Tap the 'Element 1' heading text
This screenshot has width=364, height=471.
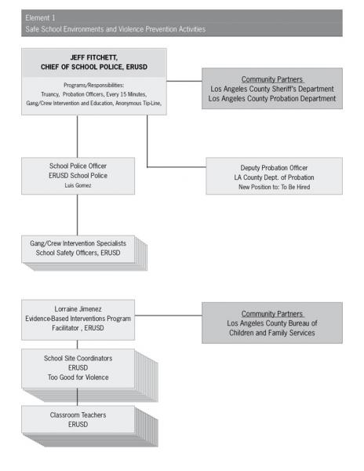point(40,18)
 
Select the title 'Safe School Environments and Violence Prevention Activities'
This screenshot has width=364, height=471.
point(115,29)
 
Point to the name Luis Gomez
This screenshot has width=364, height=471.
point(78,185)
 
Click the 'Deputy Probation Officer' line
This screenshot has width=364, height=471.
point(274,168)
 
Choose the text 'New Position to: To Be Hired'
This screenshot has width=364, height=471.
point(275,187)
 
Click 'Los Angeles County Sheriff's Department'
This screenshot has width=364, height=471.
point(272,89)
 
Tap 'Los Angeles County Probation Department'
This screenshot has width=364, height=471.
point(272,99)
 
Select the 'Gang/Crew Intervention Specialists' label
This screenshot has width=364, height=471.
point(78,243)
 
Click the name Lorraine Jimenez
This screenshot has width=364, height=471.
point(78,309)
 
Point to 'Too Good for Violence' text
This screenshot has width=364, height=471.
point(78,378)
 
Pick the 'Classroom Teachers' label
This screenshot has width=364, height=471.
point(78,414)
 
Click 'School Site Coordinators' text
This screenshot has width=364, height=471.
point(78,358)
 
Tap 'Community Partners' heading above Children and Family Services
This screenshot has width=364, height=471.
point(272,313)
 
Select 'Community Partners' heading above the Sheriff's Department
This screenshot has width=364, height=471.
point(272,79)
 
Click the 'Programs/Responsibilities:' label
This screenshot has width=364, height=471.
point(94,85)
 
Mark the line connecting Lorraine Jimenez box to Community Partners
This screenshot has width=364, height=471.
point(169,316)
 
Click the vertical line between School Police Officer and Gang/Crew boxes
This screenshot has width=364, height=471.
point(78,215)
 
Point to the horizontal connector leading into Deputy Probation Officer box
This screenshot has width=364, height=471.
point(177,167)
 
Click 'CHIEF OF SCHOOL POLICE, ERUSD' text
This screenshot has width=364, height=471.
point(94,67)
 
